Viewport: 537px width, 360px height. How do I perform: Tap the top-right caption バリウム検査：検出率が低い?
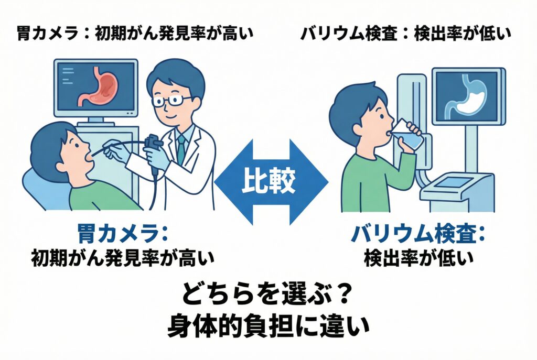click(x=406, y=34)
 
